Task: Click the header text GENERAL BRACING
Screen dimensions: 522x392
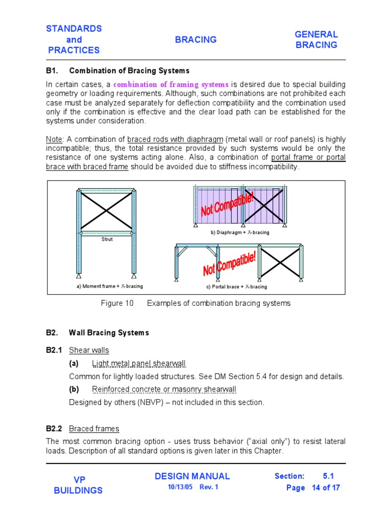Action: tap(316, 40)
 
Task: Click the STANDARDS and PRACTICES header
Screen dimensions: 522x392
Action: tap(74, 39)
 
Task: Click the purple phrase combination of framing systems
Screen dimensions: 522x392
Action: tap(170, 84)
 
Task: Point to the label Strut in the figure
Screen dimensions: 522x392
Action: tap(107, 239)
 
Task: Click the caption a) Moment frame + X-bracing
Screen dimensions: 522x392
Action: tap(106, 286)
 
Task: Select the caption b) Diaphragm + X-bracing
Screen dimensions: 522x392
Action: tap(240, 232)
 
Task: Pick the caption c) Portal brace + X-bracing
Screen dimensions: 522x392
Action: tap(236, 286)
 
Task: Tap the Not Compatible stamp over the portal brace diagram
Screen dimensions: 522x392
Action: tap(230, 263)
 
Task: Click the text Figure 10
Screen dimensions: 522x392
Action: tap(117, 303)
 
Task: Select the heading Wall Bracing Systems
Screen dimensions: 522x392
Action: tap(109, 333)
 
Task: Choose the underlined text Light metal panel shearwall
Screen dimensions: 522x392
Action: tap(139, 363)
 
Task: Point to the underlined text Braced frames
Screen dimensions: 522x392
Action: tap(94, 429)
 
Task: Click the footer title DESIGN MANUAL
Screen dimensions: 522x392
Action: tap(192, 476)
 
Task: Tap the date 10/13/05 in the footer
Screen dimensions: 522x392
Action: tap(179, 487)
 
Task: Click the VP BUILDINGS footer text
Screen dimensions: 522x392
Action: tap(78, 485)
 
